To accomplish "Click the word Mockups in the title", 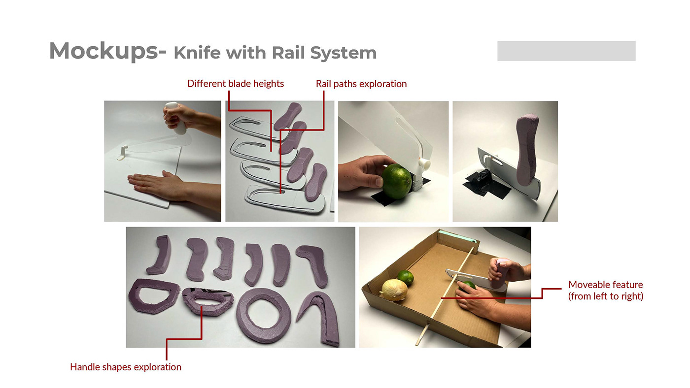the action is coord(104,51).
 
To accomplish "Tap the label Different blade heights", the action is coord(236,84).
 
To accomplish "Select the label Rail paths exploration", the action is coord(361,84).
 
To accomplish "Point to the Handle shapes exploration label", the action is coord(126,367).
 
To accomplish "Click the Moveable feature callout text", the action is coord(606,290).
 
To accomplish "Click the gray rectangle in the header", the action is coord(566,51).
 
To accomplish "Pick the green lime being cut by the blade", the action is coord(397,181).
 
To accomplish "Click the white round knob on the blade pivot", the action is coord(425,163).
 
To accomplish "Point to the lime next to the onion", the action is coord(405,277).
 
